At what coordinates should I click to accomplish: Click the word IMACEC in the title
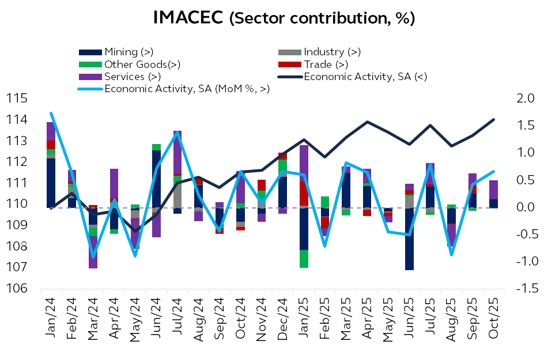pyautogui.click(x=188, y=18)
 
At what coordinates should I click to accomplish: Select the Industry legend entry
pyautogui.click(x=332, y=52)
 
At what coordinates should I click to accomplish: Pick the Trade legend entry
pyautogui.click(x=326, y=65)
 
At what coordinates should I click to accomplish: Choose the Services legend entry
pyautogui.click(x=132, y=76)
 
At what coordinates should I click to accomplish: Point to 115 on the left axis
pyautogui.click(x=19, y=98)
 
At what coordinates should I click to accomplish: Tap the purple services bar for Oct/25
pyautogui.click(x=493, y=190)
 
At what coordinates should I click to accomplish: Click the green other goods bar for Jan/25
pyautogui.click(x=304, y=259)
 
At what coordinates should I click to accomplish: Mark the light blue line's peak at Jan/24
pyautogui.click(x=51, y=113)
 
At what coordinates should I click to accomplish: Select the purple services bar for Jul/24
pyautogui.click(x=177, y=152)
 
